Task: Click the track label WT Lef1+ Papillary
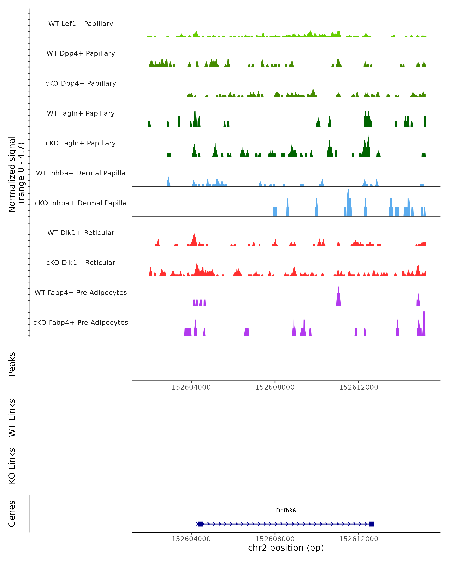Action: point(81,24)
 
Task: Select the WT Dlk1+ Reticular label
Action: point(81,233)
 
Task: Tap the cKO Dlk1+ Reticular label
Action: point(81,263)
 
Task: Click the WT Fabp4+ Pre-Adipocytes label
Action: point(81,292)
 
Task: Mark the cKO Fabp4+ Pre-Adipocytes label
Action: point(81,322)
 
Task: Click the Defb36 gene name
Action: point(286,511)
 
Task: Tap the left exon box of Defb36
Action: point(200,524)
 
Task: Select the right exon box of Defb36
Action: point(371,524)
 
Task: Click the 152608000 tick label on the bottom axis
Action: point(275,539)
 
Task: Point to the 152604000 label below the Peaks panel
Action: point(191,387)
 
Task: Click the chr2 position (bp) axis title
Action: point(286,548)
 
